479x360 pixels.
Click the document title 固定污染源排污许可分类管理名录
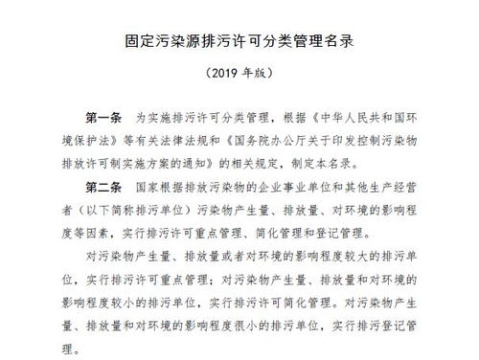click(239, 42)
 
